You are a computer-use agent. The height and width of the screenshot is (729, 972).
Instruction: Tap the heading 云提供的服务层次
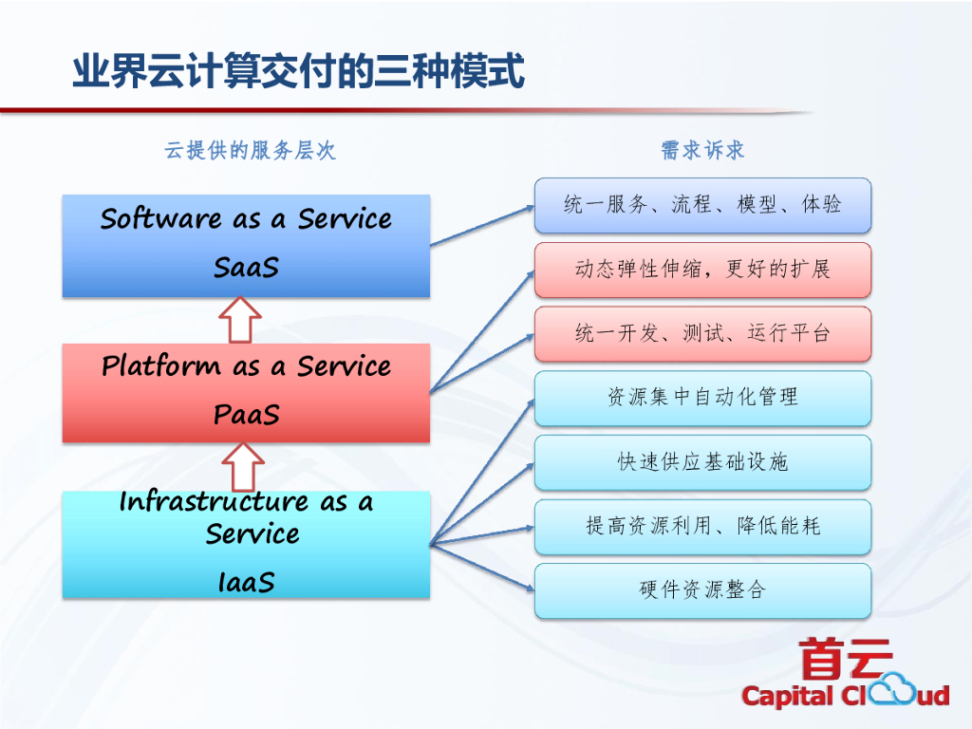pyautogui.click(x=250, y=151)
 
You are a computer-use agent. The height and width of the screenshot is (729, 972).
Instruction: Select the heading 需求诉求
pyautogui.click(x=702, y=150)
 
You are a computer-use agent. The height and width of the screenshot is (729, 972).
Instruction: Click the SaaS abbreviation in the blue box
pyautogui.click(x=246, y=268)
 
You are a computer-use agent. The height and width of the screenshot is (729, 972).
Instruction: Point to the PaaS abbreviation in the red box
pyautogui.click(x=246, y=415)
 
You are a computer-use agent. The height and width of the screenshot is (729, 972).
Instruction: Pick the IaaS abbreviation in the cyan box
pyautogui.click(x=246, y=581)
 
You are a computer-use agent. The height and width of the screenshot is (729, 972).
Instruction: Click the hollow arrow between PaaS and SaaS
pyautogui.click(x=241, y=320)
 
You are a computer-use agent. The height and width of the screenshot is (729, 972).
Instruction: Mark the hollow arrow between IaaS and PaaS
pyautogui.click(x=241, y=467)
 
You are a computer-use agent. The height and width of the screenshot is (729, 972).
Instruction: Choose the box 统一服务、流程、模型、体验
pyautogui.click(x=702, y=205)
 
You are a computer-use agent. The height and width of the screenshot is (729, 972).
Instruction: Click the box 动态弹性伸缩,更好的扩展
pyautogui.click(x=702, y=270)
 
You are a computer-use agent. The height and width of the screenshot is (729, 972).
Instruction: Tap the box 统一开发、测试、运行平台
pyautogui.click(x=702, y=333)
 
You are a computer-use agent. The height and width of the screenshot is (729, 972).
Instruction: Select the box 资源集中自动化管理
pyautogui.click(x=702, y=398)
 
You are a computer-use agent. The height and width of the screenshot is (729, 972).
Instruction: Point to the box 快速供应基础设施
pyautogui.click(x=702, y=462)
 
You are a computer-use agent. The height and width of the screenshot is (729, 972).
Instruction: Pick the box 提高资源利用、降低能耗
pyautogui.click(x=702, y=526)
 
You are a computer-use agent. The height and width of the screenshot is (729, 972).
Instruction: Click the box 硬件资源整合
pyautogui.click(x=702, y=590)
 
